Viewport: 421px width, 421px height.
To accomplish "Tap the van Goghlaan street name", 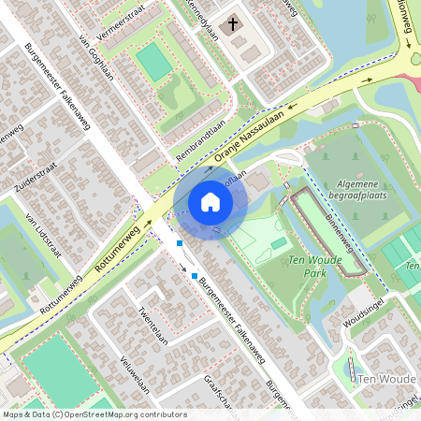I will click(96, 58).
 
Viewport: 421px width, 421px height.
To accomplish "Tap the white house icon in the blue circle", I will click(210, 202).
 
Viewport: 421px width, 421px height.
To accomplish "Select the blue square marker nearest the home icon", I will click(180, 243).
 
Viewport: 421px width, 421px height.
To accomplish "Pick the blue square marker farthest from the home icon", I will click(195, 276).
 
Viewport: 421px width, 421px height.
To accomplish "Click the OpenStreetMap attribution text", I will click(94, 414).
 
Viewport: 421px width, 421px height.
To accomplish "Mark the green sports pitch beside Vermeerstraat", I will click(154, 62).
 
